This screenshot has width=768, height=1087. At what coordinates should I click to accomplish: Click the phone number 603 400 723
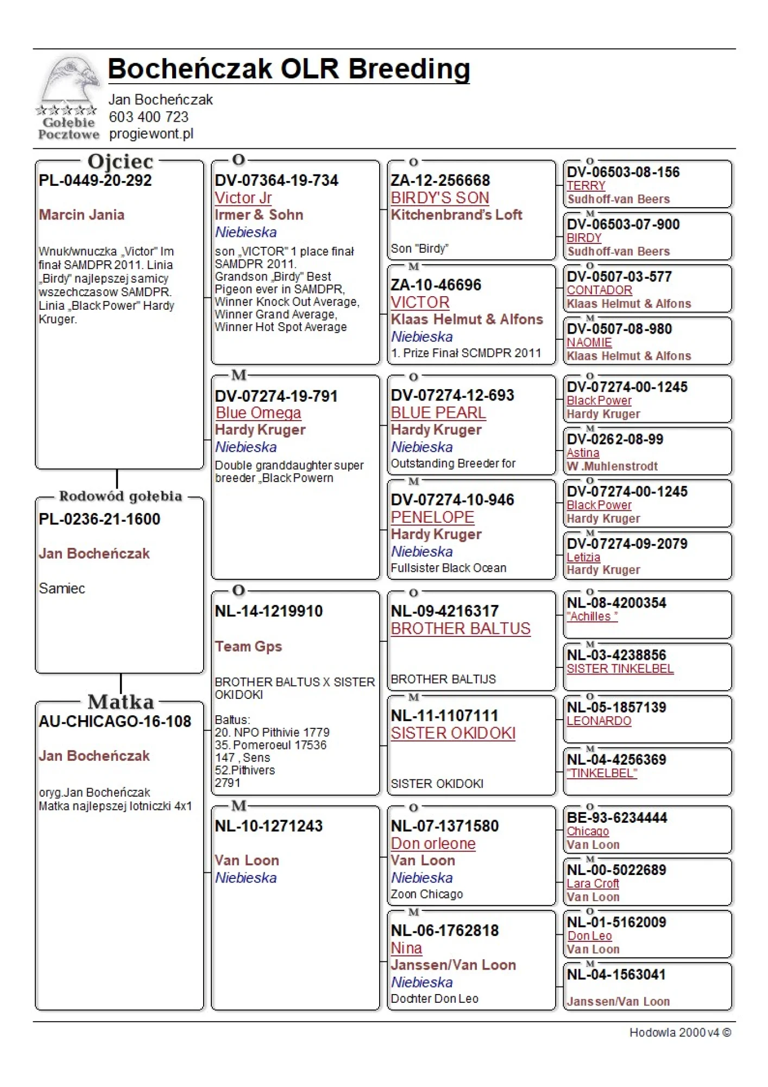pyautogui.click(x=148, y=117)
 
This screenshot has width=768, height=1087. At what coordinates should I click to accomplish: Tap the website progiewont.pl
pyautogui.click(x=151, y=134)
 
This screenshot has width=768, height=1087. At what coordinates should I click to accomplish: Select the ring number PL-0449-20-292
pyautogui.click(x=95, y=180)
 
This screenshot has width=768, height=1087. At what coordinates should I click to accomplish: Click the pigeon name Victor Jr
pyautogui.click(x=243, y=198)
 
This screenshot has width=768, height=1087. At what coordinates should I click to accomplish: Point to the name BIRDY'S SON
pyautogui.click(x=440, y=198)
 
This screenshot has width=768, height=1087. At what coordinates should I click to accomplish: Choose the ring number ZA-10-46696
pyautogui.click(x=436, y=285)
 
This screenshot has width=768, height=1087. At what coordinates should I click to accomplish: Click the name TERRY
pyautogui.click(x=586, y=186)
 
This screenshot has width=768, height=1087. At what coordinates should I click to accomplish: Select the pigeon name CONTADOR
pyautogui.click(x=599, y=290)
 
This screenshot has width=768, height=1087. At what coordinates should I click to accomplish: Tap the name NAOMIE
pyautogui.click(x=589, y=342)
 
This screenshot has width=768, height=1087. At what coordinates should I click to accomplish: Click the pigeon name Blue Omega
pyautogui.click(x=258, y=413)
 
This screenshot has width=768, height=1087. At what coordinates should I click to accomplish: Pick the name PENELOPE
pyautogui.click(x=432, y=517)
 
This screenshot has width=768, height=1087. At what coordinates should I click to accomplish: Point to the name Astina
pyautogui.click(x=583, y=453)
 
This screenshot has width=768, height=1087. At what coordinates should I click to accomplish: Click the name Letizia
pyautogui.click(x=583, y=557)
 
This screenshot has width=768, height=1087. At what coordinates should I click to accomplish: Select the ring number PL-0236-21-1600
pyautogui.click(x=99, y=519)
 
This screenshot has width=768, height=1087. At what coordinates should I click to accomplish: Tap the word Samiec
pyautogui.click(x=62, y=589)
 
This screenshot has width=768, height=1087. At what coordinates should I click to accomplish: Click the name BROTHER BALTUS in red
pyautogui.click(x=461, y=629)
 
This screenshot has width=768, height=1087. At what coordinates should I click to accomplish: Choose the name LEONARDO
pyautogui.click(x=599, y=721)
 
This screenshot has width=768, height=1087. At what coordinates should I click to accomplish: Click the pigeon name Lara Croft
pyautogui.click(x=593, y=884)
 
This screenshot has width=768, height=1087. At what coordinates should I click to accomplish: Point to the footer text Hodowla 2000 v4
pyautogui.click(x=674, y=1033)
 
